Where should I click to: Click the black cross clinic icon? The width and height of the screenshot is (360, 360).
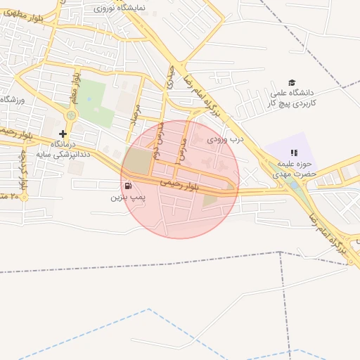pos(63,133)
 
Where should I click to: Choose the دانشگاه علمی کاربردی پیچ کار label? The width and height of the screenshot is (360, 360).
pos(292,98)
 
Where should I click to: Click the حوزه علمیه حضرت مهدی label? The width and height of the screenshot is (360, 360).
pos(293,169)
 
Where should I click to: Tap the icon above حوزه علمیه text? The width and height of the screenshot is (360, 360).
pos(294,152)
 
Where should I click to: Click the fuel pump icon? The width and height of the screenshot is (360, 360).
pos(128,186)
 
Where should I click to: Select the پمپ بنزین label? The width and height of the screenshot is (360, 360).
pos(127,198)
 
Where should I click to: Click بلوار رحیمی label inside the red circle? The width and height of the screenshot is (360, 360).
pos(180,185)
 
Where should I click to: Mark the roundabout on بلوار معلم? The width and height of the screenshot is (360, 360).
pos(71,115)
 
